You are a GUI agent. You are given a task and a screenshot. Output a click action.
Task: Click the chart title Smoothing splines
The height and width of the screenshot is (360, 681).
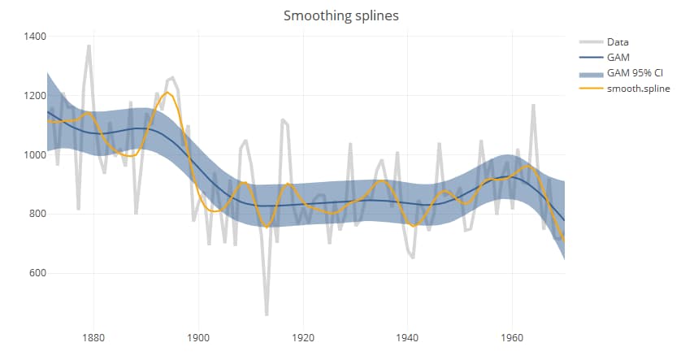pos(340,15)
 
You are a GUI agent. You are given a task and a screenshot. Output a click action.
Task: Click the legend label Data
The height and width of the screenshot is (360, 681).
pos(618,42)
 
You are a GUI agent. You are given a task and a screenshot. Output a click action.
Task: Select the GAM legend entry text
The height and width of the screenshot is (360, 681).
pos(618,58)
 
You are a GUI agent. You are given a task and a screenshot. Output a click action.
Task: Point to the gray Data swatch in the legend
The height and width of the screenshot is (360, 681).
pos(590,42)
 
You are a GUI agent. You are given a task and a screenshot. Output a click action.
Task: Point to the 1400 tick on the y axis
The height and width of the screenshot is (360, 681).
pos(34,37)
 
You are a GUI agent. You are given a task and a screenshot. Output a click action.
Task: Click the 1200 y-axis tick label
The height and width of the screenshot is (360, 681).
pos(34,96)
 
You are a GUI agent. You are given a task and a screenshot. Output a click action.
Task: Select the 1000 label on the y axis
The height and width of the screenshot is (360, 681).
pos(34,155)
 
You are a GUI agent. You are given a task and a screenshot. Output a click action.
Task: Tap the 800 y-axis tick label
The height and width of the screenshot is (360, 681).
pos(37,215)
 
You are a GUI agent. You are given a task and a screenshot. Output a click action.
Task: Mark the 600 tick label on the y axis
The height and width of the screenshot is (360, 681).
pos(37,274)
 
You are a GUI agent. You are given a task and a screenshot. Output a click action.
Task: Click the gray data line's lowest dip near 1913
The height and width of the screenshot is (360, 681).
pos(267,314)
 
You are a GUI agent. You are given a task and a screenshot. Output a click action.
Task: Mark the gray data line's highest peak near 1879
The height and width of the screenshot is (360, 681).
pos(89,46)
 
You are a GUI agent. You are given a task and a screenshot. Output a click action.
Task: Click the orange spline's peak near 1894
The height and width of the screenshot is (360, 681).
pos(167,93)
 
